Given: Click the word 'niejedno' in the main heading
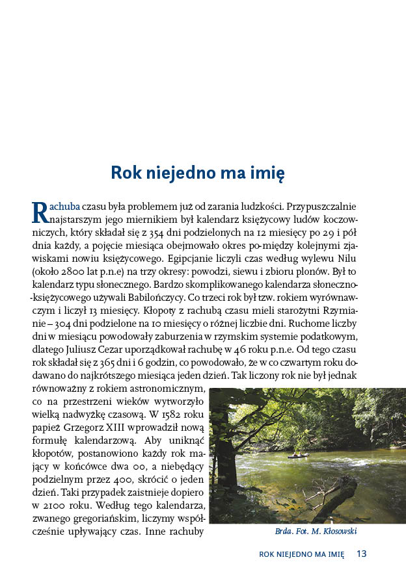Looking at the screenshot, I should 180,173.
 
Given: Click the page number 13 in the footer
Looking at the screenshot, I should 362,554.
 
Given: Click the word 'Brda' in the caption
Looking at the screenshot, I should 284,532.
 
